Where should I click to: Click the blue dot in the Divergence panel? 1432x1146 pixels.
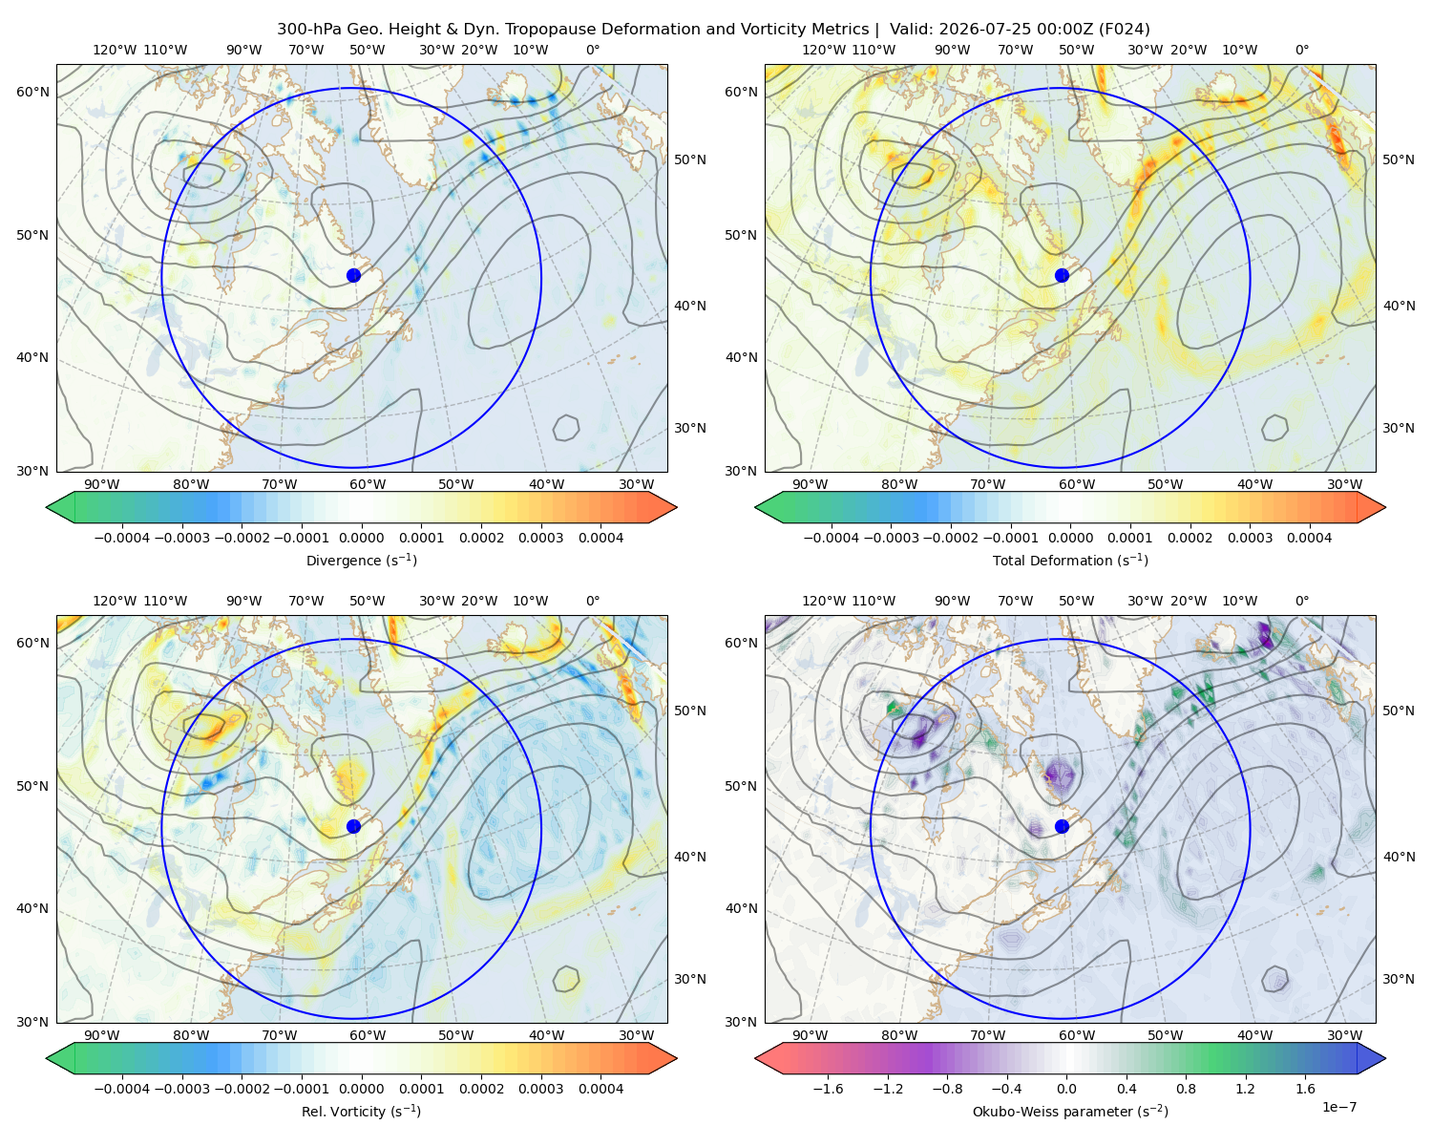[x=353, y=275]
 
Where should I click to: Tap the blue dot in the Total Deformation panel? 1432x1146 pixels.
[x=1062, y=275]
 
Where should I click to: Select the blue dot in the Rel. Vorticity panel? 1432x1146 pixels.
[x=353, y=826]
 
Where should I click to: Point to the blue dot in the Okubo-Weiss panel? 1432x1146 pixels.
[x=1062, y=826]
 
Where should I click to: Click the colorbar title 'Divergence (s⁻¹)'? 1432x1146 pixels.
[x=361, y=560]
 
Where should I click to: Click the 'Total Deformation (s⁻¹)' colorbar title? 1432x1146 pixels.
[x=1070, y=560]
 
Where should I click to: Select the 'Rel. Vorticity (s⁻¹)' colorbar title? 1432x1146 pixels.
[x=361, y=1111]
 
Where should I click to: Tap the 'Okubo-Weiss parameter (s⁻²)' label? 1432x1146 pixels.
[x=1070, y=1111]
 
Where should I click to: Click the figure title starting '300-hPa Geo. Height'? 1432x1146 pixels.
[x=713, y=30]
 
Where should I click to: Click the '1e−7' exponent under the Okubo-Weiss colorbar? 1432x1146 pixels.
[x=1338, y=1107]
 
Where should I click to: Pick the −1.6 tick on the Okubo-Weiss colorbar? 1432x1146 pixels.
[x=828, y=1089]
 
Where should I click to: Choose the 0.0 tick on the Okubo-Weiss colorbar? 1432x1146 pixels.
[x=1066, y=1089]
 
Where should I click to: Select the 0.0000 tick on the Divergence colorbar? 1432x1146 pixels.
[x=361, y=538]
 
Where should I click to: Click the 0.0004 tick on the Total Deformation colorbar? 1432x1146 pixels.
[x=1309, y=538]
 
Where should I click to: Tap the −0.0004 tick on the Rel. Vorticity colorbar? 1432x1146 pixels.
[x=122, y=1089]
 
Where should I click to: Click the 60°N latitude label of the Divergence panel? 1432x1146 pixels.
[x=32, y=92]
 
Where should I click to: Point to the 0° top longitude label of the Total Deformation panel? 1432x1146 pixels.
[x=1301, y=50]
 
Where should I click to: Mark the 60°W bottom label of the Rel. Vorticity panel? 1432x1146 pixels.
[x=368, y=1035]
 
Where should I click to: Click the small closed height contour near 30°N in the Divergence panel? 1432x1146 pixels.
[x=566, y=428]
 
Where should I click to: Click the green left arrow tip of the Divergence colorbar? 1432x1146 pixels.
[x=47, y=507]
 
